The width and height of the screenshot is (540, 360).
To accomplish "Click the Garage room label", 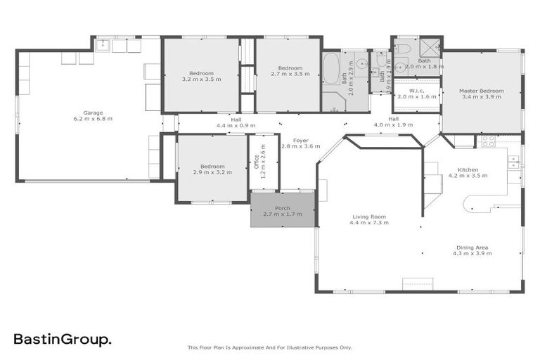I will pos(93,115).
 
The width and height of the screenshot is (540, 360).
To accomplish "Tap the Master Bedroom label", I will pos(482,94).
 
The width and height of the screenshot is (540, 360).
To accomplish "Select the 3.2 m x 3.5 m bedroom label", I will pos(201,76).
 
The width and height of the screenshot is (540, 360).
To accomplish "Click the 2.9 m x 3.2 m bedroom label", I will pos(212,169).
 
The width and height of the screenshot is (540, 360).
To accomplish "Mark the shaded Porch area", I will pos(283,210).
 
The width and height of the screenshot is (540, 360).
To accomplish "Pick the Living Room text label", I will pos(368,219).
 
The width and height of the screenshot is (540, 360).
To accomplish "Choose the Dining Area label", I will pos(471,250).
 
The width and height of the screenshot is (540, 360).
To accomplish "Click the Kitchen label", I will pos(468,173).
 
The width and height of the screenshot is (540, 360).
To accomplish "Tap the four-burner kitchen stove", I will pos(486,141).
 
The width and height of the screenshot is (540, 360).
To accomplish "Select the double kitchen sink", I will pos(514,162).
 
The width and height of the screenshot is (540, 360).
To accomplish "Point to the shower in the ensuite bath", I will pos(430,46).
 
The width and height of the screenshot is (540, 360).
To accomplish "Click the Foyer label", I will pos(300,143).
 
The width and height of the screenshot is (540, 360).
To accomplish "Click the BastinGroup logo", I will pos(63,340).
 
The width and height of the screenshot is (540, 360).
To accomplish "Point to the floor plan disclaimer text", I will pos(269,347).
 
